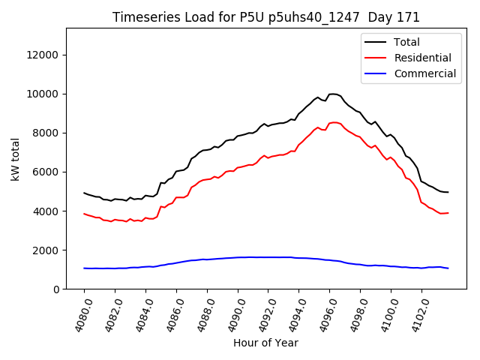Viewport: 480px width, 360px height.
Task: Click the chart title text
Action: pyautogui.click(x=266, y=17)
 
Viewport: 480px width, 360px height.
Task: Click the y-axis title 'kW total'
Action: pyautogui.click(x=15, y=159)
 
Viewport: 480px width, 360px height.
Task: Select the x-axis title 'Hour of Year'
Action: pyautogui.click(x=266, y=343)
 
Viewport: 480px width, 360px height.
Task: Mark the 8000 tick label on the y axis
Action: pyautogui.click(x=46, y=133)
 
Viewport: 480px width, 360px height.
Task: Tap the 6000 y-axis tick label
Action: pyautogui.click(x=46, y=172)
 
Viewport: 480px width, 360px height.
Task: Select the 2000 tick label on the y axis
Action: pyautogui.click(x=46, y=250)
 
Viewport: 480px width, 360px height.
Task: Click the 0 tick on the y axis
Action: pyautogui.click(x=57, y=289)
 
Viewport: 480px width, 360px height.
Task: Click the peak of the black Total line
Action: pyautogui.click(x=332, y=94)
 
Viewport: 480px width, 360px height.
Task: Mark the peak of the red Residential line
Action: pyautogui.click(x=334, y=122)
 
